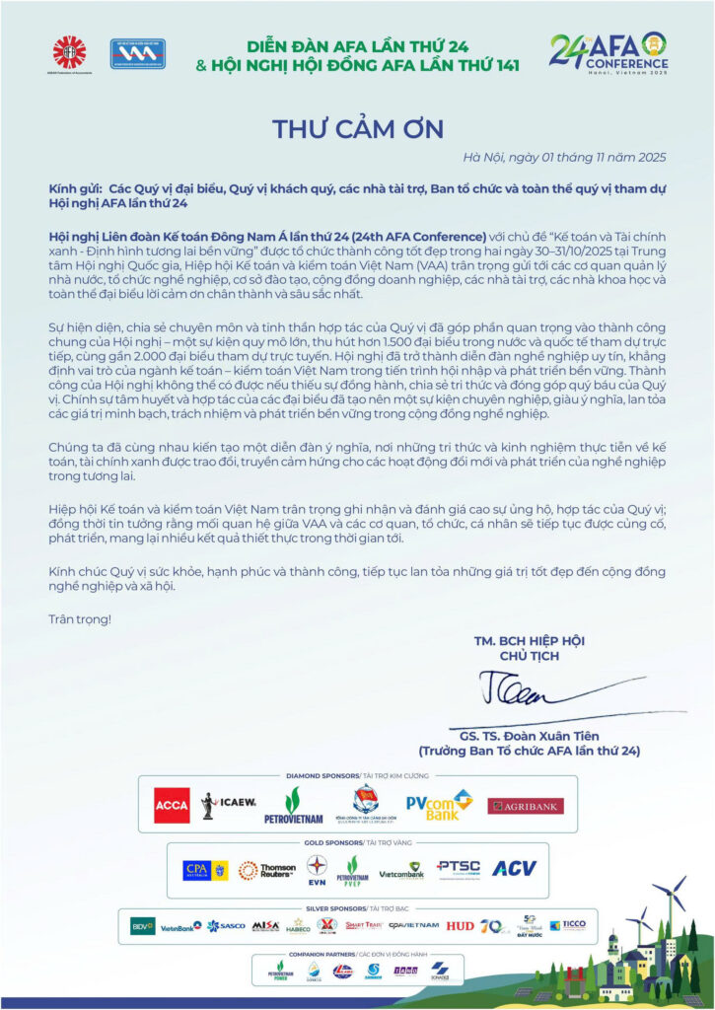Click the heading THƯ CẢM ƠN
coord(358,129)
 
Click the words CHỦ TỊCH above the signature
coord(529,656)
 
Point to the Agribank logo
coord(525,806)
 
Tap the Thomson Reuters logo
coord(267,870)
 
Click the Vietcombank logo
coord(401,870)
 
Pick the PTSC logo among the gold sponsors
coord(458,867)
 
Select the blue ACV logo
coord(513,869)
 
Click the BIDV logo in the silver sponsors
coord(143,925)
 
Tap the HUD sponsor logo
coord(460,926)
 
